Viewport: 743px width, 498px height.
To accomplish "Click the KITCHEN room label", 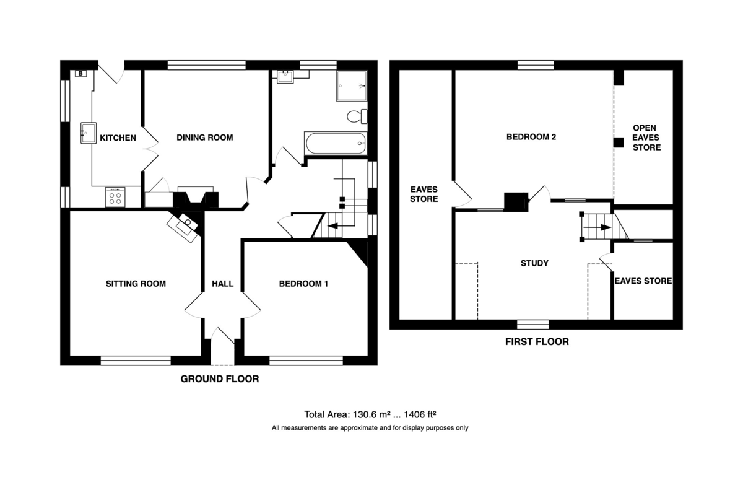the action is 118,138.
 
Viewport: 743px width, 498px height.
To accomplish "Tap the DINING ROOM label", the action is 205,138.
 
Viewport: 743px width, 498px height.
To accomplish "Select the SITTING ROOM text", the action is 136,284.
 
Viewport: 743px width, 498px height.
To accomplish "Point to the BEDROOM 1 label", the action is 303,284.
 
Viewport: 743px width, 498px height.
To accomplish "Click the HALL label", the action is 222,284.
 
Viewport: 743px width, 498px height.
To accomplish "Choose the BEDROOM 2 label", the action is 531,137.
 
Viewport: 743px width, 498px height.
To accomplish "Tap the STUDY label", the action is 534,263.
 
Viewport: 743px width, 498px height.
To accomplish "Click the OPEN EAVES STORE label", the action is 646,138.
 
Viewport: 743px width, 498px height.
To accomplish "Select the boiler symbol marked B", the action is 80,73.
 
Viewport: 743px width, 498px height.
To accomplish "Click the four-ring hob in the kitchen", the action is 115,197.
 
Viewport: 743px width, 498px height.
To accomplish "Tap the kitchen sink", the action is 89,133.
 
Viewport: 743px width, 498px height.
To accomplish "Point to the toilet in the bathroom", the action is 357,116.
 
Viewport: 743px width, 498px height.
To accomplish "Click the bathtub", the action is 336,143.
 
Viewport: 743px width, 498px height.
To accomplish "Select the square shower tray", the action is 352,86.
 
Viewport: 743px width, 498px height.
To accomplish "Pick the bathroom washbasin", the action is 285,77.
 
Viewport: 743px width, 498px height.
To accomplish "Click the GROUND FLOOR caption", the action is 220,379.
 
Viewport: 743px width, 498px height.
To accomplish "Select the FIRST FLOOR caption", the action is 537,342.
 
